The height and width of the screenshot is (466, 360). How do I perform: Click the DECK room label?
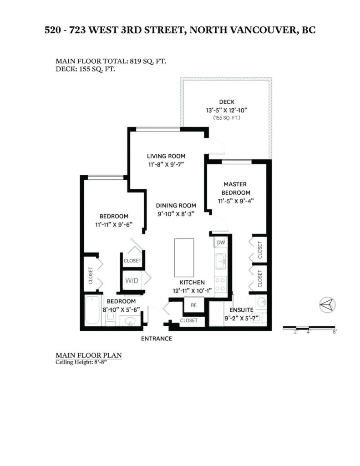point(227,102)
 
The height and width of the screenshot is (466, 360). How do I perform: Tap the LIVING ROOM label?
point(166,156)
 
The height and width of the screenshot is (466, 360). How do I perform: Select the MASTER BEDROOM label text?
point(235,188)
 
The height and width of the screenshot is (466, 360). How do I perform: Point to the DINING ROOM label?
point(176,205)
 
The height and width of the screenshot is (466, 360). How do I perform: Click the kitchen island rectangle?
point(184,258)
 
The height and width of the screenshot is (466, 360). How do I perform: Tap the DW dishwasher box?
point(221,242)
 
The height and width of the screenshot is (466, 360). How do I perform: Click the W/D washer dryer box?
point(132,280)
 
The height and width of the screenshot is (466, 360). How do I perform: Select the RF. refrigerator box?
point(194,305)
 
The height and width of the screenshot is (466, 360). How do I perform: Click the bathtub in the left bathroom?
point(92,310)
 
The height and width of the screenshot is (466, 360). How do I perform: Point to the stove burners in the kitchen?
point(221,284)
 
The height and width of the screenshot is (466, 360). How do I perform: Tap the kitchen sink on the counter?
point(220,262)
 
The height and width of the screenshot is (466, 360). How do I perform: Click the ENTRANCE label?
point(157,339)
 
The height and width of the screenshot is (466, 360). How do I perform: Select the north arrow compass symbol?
point(327,304)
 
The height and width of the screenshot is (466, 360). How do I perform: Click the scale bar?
point(309,328)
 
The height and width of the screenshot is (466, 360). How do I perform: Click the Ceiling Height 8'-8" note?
point(81,362)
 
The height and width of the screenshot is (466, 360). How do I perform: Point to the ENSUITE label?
point(241,309)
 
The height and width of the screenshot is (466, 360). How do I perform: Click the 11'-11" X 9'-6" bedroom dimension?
point(114,224)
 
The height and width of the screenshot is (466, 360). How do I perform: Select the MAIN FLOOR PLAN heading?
point(89,355)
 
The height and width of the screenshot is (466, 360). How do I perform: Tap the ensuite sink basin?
point(261,303)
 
